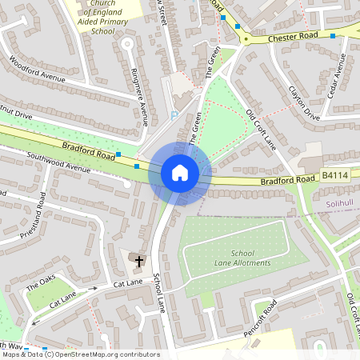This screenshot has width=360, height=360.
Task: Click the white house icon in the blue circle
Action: point(179,173)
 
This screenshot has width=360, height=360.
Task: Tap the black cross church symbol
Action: point(138,261)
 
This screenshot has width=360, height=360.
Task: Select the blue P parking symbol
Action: point(174,115)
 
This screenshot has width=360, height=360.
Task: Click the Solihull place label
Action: point(340,204)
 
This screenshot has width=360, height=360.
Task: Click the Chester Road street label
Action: point(293,36)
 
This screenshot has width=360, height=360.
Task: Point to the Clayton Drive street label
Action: point(304,103)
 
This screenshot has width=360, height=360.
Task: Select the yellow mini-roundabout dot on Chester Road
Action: point(246,38)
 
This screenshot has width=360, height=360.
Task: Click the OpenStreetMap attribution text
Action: point(80,354)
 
